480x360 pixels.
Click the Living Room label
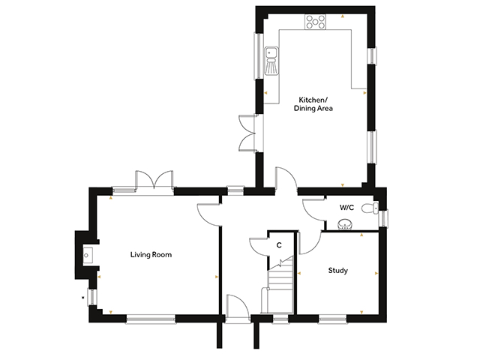(x=151, y=255)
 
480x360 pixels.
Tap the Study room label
(x=338, y=271)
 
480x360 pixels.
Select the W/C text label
(x=346, y=208)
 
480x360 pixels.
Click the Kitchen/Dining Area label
(x=313, y=104)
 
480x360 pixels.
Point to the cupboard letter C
(x=279, y=245)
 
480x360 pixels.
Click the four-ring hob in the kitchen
(x=315, y=22)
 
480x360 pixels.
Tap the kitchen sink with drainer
(x=271, y=60)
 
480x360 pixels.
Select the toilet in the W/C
(x=370, y=208)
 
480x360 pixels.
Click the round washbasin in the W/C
(x=345, y=225)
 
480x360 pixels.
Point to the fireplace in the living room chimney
(x=88, y=255)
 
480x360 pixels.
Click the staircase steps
(x=277, y=285)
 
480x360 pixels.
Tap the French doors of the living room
(x=154, y=181)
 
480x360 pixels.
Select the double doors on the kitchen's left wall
(x=248, y=133)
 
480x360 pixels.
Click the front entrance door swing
(x=237, y=307)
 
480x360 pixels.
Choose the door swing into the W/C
(x=313, y=211)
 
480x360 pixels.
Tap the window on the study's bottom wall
(x=332, y=319)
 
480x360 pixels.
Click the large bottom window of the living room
(x=151, y=319)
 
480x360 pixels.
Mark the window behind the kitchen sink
(x=259, y=56)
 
